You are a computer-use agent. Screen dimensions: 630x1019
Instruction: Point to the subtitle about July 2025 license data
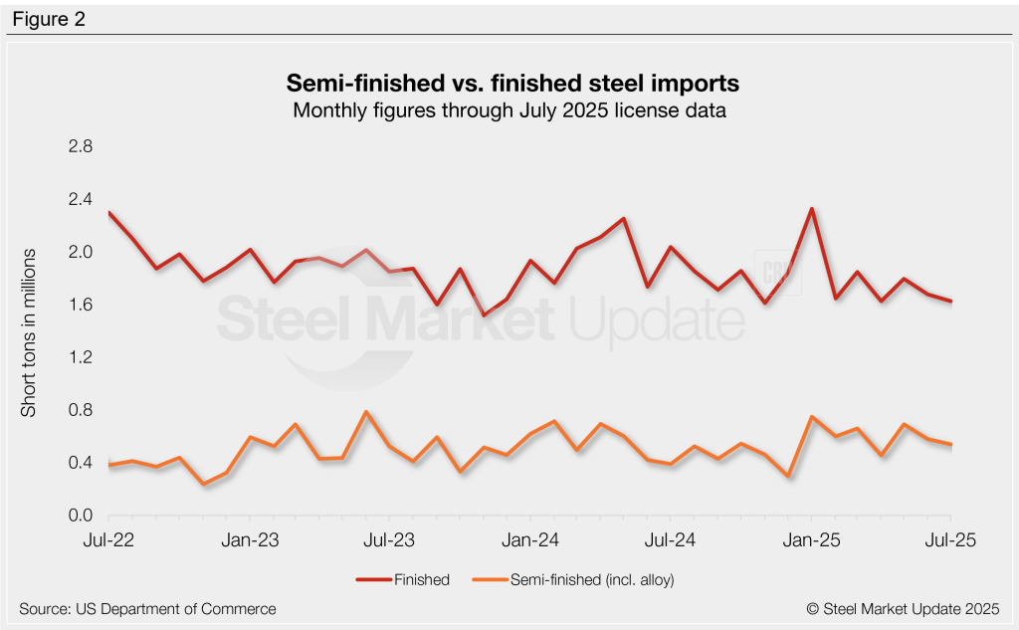(x=509, y=110)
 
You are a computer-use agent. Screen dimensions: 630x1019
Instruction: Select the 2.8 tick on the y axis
(x=79, y=146)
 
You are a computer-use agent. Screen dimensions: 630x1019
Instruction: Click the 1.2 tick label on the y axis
(x=79, y=357)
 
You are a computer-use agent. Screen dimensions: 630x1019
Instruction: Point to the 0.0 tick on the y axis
(x=79, y=516)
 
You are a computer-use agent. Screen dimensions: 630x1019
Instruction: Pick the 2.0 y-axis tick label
(x=79, y=252)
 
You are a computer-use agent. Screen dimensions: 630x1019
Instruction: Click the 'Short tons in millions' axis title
(x=29, y=330)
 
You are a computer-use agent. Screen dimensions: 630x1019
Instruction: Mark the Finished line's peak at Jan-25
(x=812, y=209)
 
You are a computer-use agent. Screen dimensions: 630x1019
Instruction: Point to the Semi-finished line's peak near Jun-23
(x=365, y=412)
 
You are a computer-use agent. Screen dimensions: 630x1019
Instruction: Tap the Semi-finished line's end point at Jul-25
(x=951, y=445)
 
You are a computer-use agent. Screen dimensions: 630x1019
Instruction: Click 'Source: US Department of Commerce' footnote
(x=147, y=608)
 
